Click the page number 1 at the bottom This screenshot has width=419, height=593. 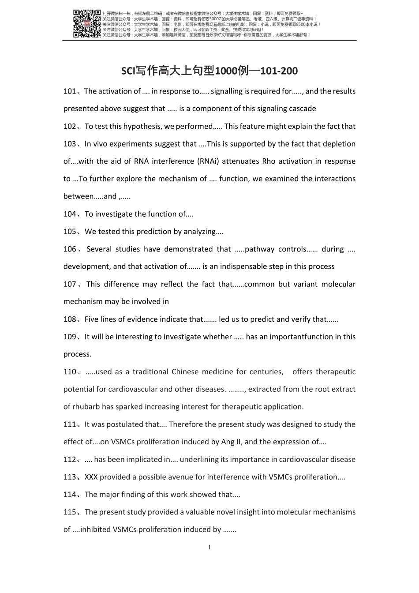click(x=209, y=548)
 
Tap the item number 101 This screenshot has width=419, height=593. click(x=70, y=91)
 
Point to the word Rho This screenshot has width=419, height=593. click(x=269, y=161)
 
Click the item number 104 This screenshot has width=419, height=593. click(x=70, y=214)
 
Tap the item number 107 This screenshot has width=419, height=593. click(x=70, y=284)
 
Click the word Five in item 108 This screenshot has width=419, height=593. click(x=92, y=319)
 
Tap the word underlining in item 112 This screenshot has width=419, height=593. click(x=198, y=460)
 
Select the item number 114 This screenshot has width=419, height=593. click(x=70, y=495)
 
